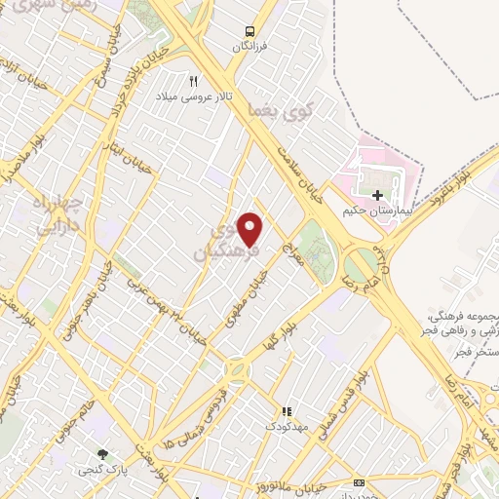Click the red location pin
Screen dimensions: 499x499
tap(250, 230)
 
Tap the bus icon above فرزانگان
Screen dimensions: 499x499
tap(250, 30)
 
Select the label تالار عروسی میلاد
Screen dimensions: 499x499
tap(193, 97)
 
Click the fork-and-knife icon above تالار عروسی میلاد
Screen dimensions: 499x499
tap(193, 82)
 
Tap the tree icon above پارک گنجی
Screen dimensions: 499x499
tap(101, 454)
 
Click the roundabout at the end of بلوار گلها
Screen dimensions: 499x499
tap(235, 370)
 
